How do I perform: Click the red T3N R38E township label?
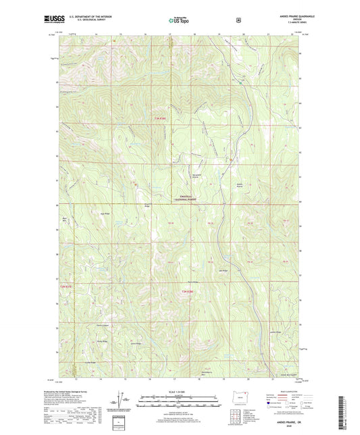[155, 120]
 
